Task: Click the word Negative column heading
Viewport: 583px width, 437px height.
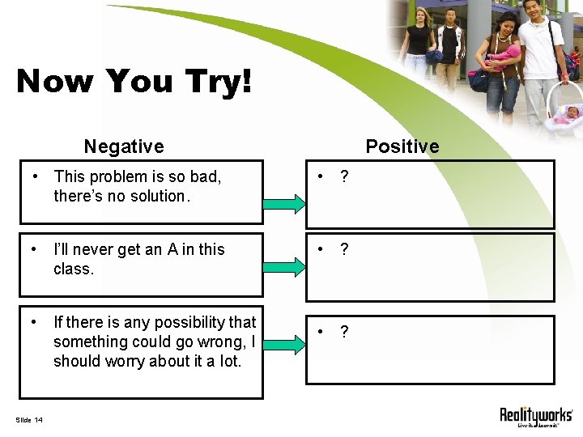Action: [124, 146]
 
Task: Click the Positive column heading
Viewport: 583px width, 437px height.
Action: [402, 146]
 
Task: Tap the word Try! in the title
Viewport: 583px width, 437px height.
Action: [214, 81]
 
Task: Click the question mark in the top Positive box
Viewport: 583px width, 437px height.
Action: [345, 176]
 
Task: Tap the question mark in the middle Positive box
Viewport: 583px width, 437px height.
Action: [345, 249]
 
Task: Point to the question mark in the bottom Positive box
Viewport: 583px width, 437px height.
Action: [345, 332]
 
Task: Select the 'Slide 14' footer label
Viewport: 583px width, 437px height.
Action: [29, 419]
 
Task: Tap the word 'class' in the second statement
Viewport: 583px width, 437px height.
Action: [72, 269]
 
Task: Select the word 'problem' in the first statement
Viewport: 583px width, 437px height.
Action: [116, 176]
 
